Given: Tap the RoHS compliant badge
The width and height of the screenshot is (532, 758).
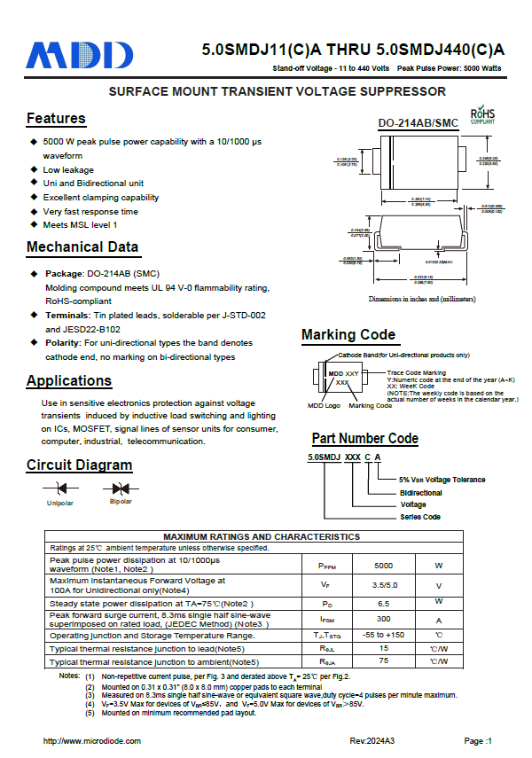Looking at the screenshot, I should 481,116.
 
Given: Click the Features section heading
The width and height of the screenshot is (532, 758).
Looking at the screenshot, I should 56,119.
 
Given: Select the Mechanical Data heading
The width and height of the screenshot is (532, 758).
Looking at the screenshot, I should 82,247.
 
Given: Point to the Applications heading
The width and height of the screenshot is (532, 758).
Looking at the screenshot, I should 69,381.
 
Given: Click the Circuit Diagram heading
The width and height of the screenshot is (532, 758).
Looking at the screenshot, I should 79,465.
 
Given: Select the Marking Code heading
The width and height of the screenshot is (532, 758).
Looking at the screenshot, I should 348,334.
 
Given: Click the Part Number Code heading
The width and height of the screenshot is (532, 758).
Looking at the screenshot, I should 364,438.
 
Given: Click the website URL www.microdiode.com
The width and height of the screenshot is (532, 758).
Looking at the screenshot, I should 92,740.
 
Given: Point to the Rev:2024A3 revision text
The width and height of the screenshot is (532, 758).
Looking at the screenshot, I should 372,740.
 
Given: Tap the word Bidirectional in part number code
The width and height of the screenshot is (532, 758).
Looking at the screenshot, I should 420,492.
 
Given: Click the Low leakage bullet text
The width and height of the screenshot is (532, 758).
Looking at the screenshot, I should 68,169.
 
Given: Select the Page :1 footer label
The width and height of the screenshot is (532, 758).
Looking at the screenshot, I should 477,740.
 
